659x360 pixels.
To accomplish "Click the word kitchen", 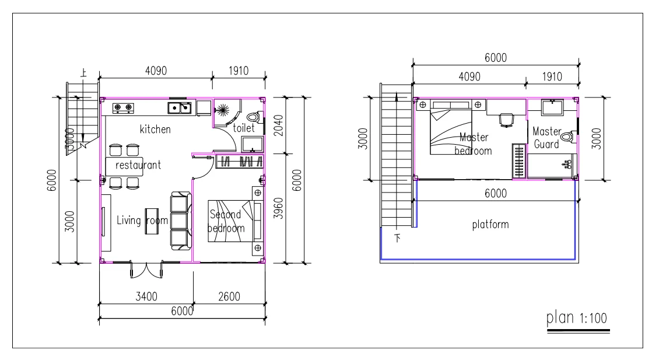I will point(155,129).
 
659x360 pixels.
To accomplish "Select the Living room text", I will point(142,221).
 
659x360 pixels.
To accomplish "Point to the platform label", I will point(490,224).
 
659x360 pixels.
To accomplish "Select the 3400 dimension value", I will point(146,296).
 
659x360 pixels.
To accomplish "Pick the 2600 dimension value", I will point(230,296).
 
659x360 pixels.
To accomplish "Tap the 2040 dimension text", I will point(277,125).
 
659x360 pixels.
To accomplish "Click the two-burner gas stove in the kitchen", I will point(122,107).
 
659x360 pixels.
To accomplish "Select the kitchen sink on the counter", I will point(180,107).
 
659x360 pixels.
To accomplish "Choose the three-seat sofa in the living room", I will point(180,221).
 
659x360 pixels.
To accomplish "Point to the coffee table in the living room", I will point(152,221).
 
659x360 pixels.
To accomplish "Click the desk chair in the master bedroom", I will point(506,120).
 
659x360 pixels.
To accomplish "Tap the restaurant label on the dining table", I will point(138,165).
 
